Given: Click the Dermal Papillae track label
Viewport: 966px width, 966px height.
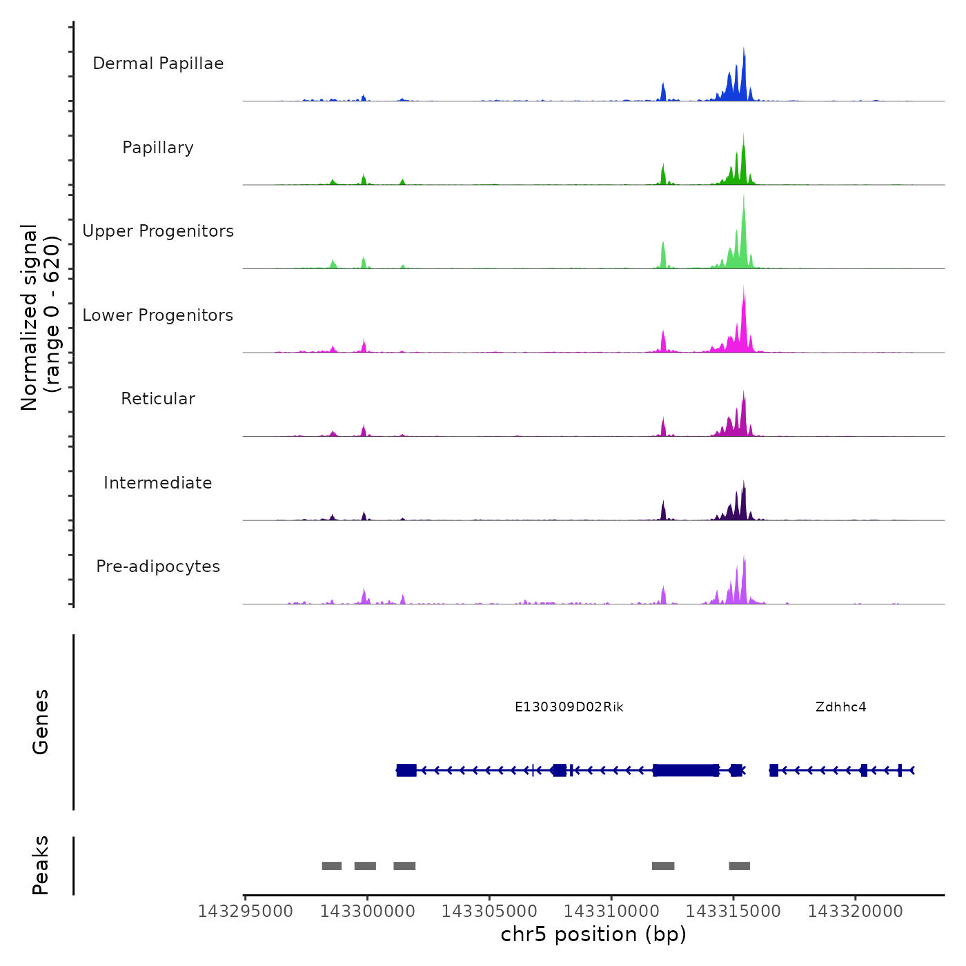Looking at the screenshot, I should coord(158,63).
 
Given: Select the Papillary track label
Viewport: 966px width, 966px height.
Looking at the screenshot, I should coord(158,148).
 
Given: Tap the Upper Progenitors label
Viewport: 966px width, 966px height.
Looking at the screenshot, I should coord(158,231).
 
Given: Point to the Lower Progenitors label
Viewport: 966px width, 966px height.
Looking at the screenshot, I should coord(158,315).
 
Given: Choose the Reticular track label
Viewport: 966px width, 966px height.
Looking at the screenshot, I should coord(158,399).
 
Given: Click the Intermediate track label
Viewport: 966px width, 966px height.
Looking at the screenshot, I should coord(158,483).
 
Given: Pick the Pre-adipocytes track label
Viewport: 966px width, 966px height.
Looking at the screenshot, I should coord(158,566).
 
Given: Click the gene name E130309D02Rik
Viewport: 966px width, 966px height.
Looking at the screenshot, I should coord(569,707).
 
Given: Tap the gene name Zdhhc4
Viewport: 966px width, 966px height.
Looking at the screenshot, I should coord(840,707).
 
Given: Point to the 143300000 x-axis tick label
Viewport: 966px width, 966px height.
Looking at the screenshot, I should coord(368,911).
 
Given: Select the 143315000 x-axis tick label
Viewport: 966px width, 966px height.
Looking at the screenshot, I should coord(733,911).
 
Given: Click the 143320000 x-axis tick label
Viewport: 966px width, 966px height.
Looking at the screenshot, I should coord(856,911).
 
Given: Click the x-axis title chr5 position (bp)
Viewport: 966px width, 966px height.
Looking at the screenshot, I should coord(593,934).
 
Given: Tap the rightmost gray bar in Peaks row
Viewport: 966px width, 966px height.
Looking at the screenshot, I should coord(739,866).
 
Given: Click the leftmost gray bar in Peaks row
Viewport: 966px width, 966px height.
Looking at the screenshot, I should coord(332,866).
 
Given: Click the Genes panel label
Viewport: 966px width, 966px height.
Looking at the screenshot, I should coord(41,722).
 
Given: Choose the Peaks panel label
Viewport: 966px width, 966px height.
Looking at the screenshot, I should coord(41,865).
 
